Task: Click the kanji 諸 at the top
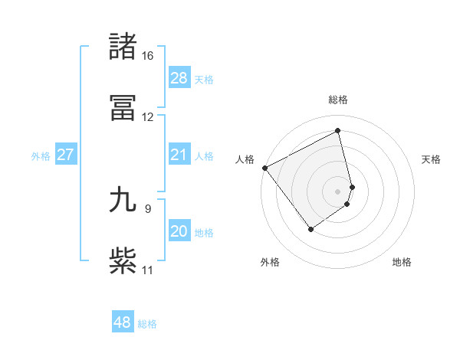123,46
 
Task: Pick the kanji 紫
123,260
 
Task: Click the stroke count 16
147,56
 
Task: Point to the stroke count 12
147,117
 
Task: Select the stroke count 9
147,208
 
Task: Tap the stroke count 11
147,270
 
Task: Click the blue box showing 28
179,78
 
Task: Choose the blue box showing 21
179,155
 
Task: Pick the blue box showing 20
179,231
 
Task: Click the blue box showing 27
66,155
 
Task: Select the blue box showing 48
123,322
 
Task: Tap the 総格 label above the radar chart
338,100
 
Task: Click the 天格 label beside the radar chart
431,159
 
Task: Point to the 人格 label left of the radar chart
245,159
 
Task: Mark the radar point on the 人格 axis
264,168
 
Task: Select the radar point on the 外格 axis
310,229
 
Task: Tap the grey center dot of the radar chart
338,191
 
